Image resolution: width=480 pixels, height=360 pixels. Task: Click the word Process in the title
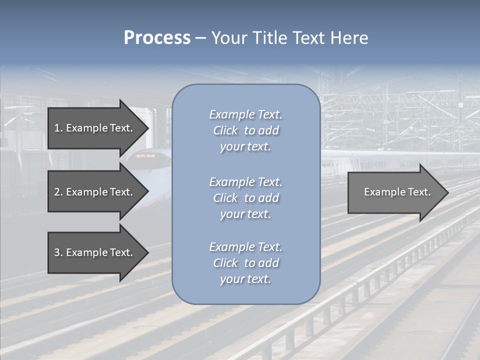tap(157, 38)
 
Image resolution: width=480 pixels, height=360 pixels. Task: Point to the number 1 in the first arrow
tap(57, 128)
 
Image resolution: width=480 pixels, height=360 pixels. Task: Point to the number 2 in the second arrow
tap(57, 192)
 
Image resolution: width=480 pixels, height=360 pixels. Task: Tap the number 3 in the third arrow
tap(57, 252)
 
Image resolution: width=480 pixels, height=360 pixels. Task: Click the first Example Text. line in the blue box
tap(245, 114)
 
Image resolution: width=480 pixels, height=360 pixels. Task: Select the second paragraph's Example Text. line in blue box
tap(245, 181)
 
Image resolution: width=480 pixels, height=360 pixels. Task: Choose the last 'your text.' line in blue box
tap(245, 279)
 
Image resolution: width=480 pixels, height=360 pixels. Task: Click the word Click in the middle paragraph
tap(225, 198)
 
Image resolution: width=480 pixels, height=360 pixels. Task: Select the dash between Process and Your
tap(200, 38)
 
